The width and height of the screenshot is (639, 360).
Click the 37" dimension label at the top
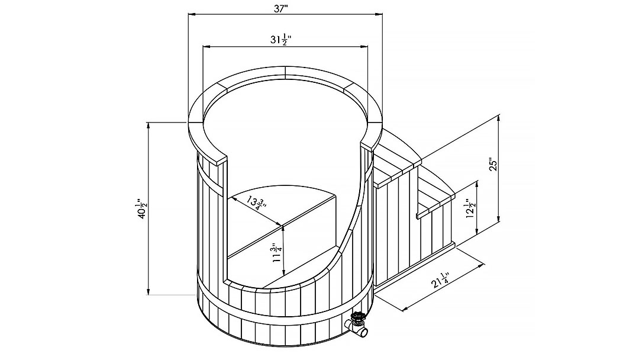click(x=281, y=9)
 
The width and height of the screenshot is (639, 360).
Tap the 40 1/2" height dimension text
click(x=141, y=208)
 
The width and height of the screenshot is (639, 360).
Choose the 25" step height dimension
click(x=494, y=164)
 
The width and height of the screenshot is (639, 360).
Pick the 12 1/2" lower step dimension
click(x=470, y=209)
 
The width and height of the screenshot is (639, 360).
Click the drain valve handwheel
click(x=359, y=317)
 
